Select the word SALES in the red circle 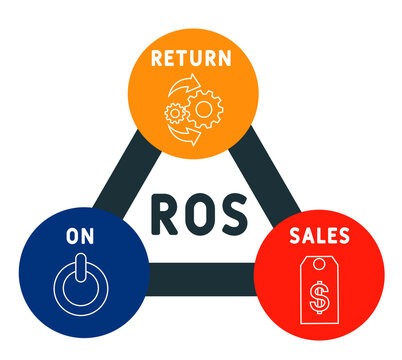pos(321,236)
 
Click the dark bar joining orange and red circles pos(261,170)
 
